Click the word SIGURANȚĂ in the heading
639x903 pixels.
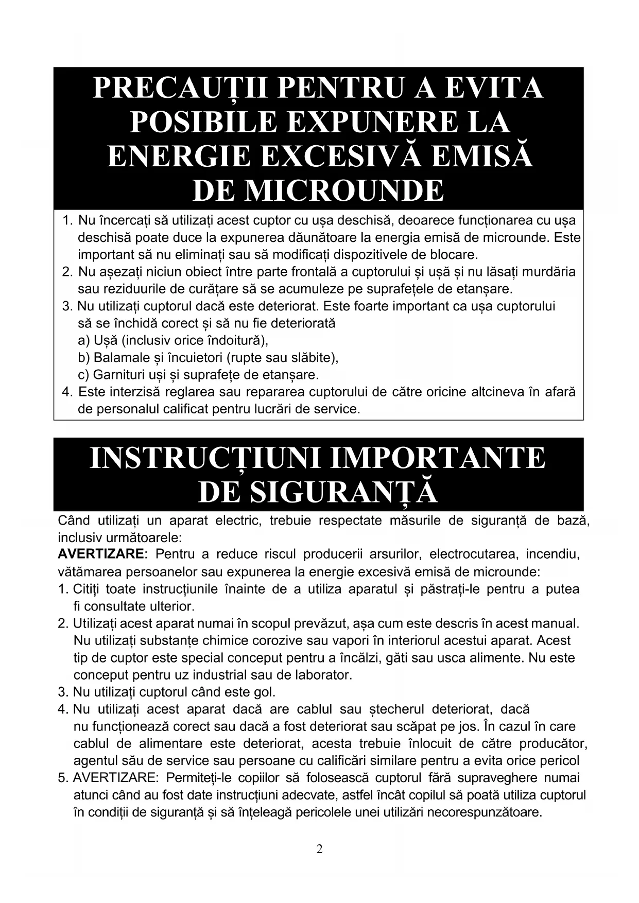tap(343, 492)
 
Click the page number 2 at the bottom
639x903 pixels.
tap(319, 849)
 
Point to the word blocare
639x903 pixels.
tap(455, 254)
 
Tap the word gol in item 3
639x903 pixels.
tap(265, 691)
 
